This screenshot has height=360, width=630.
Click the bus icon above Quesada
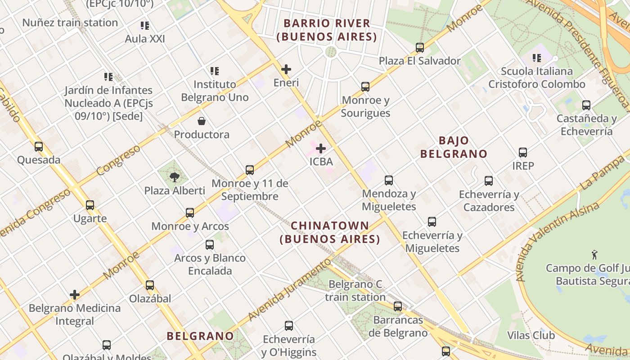pyautogui.click(x=39, y=146)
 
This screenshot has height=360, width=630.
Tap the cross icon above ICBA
pyautogui.click(x=321, y=148)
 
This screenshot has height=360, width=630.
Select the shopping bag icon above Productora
pyautogui.click(x=202, y=121)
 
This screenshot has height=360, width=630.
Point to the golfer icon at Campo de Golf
pyautogui.click(x=594, y=255)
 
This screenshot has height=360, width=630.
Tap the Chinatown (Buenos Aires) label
pyautogui.click(x=330, y=232)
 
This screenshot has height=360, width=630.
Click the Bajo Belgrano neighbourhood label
pyautogui.click(x=454, y=147)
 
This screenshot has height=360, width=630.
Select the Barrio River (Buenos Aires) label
pyautogui.click(x=327, y=30)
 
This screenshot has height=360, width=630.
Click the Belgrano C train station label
pyautogui.click(x=355, y=291)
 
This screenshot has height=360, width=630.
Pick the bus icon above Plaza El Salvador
pyautogui.click(x=420, y=47)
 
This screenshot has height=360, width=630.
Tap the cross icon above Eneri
pyautogui.click(x=286, y=69)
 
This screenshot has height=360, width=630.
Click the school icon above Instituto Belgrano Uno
pyautogui.click(x=215, y=71)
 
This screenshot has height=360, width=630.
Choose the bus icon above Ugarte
pyautogui.click(x=90, y=205)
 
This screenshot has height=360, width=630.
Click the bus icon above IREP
pyautogui.click(x=523, y=153)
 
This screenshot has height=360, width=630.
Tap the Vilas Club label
pyautogui.click(x=531, y=335)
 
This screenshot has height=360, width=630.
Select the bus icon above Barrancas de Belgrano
pyautogui.click(x=398, y=306)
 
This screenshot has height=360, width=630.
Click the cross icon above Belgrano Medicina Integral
pyautogui.click(x=75, y=295)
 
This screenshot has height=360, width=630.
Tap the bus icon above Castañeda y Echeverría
pyautogui.click(x=586, y=105)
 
